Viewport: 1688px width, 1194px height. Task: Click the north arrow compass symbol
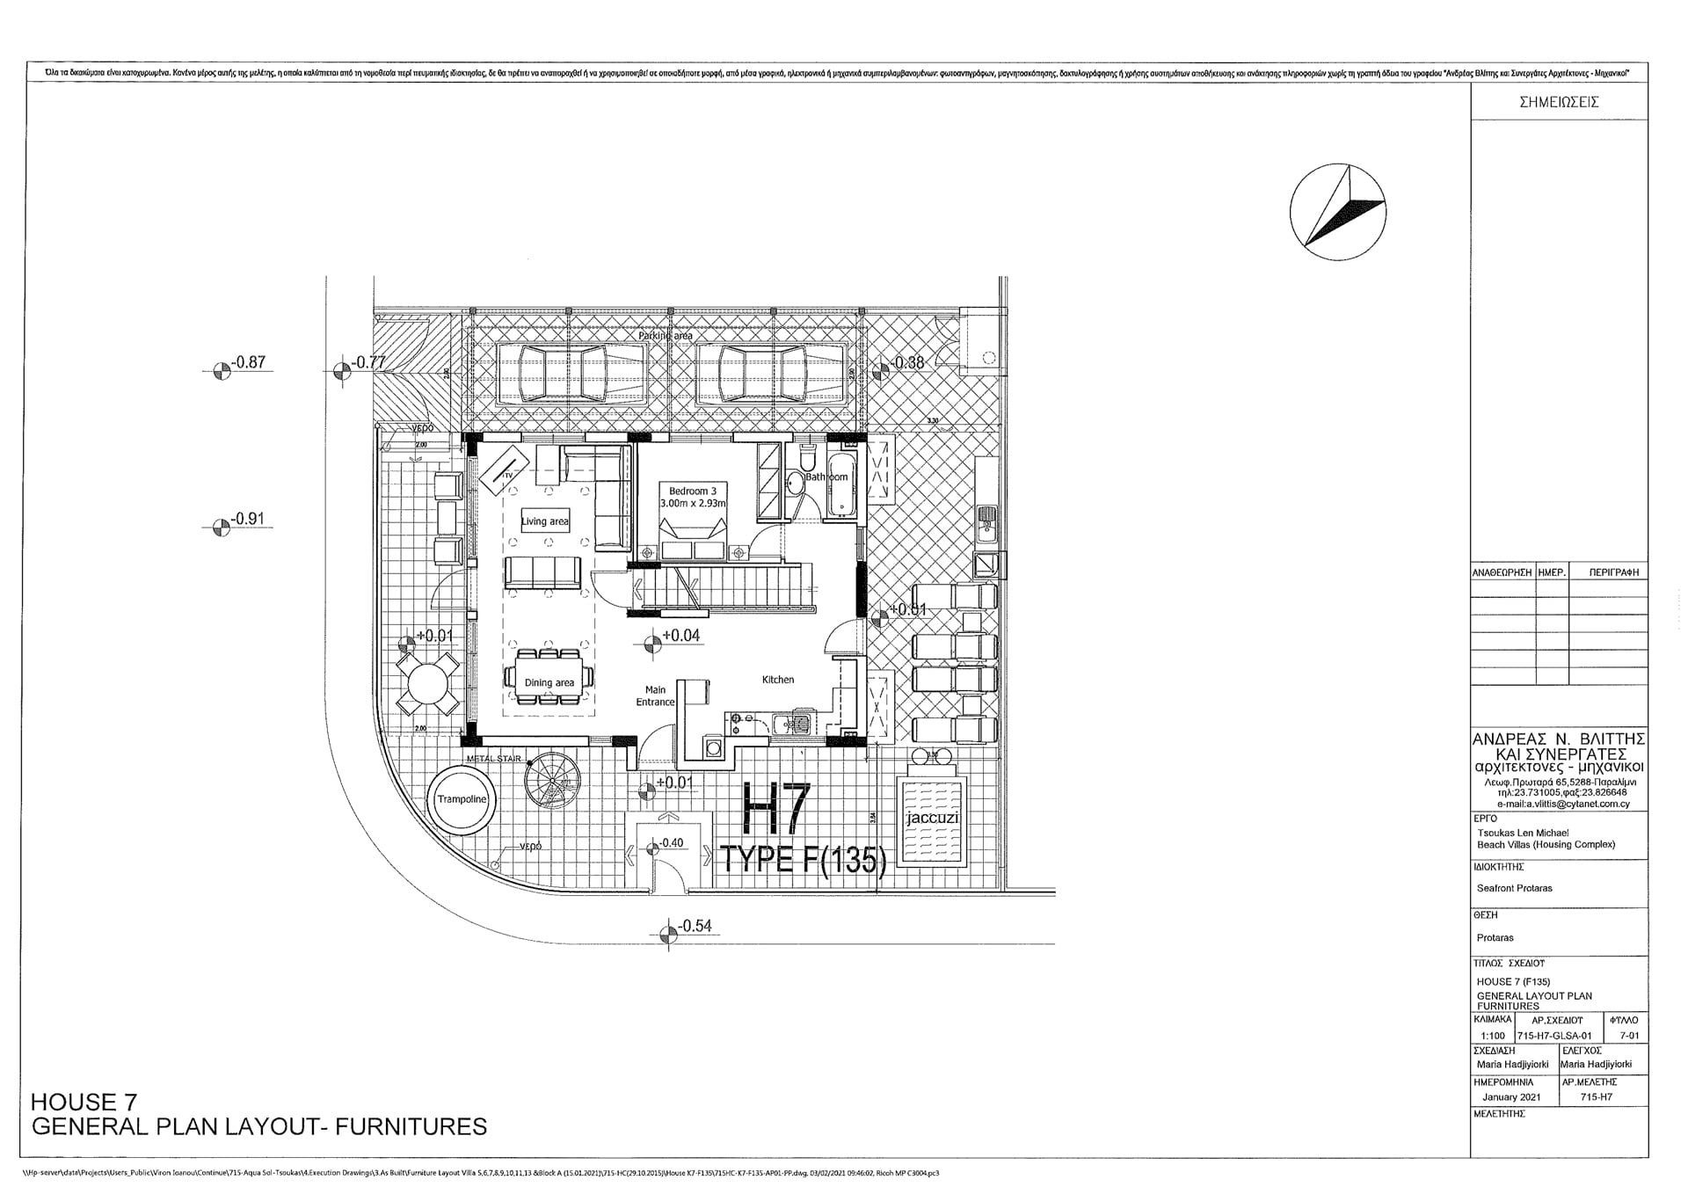(x=1338, y=214)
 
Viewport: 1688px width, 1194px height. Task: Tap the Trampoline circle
(x=462, y=799)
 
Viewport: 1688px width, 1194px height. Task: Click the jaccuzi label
(x=931, y=819)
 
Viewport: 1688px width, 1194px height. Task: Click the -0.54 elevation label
(x=695, y=926)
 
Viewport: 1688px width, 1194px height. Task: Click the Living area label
(x=544, y=521)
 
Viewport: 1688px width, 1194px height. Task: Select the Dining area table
(x=549, y=678)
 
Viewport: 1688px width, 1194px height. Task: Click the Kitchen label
(x=778, y=680)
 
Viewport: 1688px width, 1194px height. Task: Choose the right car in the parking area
(x=762, y=372)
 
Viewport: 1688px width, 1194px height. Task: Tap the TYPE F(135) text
(x=802, y=859)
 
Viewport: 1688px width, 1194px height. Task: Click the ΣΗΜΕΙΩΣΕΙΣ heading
(x=1559, y=102)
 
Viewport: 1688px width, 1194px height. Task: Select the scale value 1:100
(x=1493, y=1037)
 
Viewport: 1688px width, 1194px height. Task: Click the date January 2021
(x=1510, y=1097)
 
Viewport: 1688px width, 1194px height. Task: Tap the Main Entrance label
(x=656, y=696)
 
